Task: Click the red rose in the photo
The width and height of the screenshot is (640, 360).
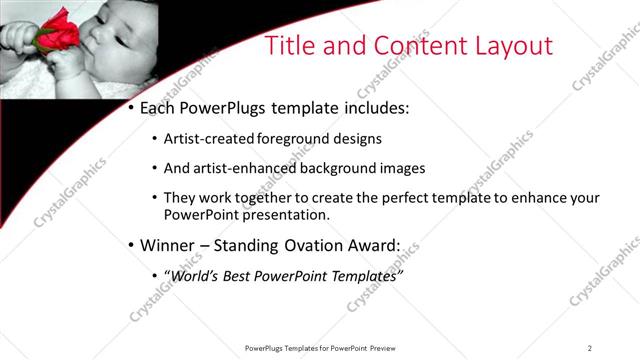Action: pyautogui.click(x=56, y=29)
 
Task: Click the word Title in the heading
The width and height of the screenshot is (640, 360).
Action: pyautogui.click(x=297, y=45)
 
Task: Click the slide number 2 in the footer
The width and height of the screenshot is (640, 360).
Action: pyautogui.click(x=590, y=348)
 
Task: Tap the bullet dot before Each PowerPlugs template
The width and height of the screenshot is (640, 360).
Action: pyautogui.click(x=132, y=107)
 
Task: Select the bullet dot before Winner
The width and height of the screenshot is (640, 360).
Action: pyautogui.click(x=132, y=245)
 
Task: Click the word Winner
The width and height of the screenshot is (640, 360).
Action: pyautogui.click(x=170, y=245)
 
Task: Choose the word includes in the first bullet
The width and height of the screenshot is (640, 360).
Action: pyautogui.click(x=373, y=107)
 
